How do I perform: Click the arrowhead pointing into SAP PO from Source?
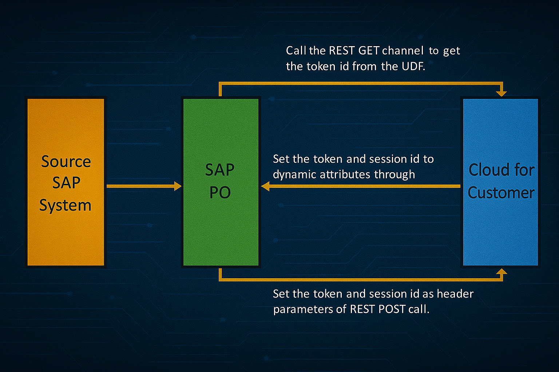pyautogui.click(x=178, y=186)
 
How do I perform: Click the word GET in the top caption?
pyautogui.click(x=369, y=50)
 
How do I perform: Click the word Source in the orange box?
pyautogui.click(x=66, y=162)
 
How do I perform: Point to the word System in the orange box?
pyautogui.click(x=65, y=206)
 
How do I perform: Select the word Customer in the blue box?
pyautogui.click(x=501, y=193)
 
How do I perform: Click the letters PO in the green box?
pyautogui.click(x=220, y=193)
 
